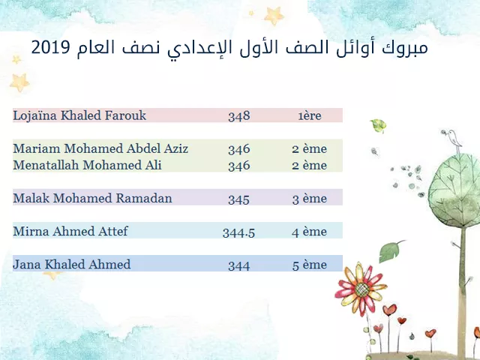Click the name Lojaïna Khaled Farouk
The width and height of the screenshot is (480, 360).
(79, 115)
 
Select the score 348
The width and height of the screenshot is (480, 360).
(239, 116)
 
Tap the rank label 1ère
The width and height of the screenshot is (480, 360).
(310, 116)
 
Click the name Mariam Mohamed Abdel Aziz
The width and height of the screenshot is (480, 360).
(100, 148)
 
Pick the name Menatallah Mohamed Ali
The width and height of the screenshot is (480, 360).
(87, 165)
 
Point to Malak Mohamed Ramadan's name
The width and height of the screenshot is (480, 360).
(92, 198)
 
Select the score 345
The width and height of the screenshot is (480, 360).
(238, 199)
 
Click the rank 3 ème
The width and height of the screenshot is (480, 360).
(310, 199)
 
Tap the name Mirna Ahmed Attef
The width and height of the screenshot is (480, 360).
(70, 231)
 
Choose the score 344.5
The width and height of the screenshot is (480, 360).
(238, 232)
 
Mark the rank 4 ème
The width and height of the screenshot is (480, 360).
(310, 232)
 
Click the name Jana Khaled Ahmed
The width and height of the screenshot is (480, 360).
(72, 265)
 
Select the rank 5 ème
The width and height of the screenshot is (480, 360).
(310, 265)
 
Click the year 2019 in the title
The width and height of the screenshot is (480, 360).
(51, 47)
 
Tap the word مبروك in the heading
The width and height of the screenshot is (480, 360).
(404, 48)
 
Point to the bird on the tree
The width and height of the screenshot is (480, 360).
(452, 139)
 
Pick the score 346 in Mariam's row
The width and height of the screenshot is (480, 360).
(239, 149)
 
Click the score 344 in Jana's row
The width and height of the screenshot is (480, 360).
(238, 265)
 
